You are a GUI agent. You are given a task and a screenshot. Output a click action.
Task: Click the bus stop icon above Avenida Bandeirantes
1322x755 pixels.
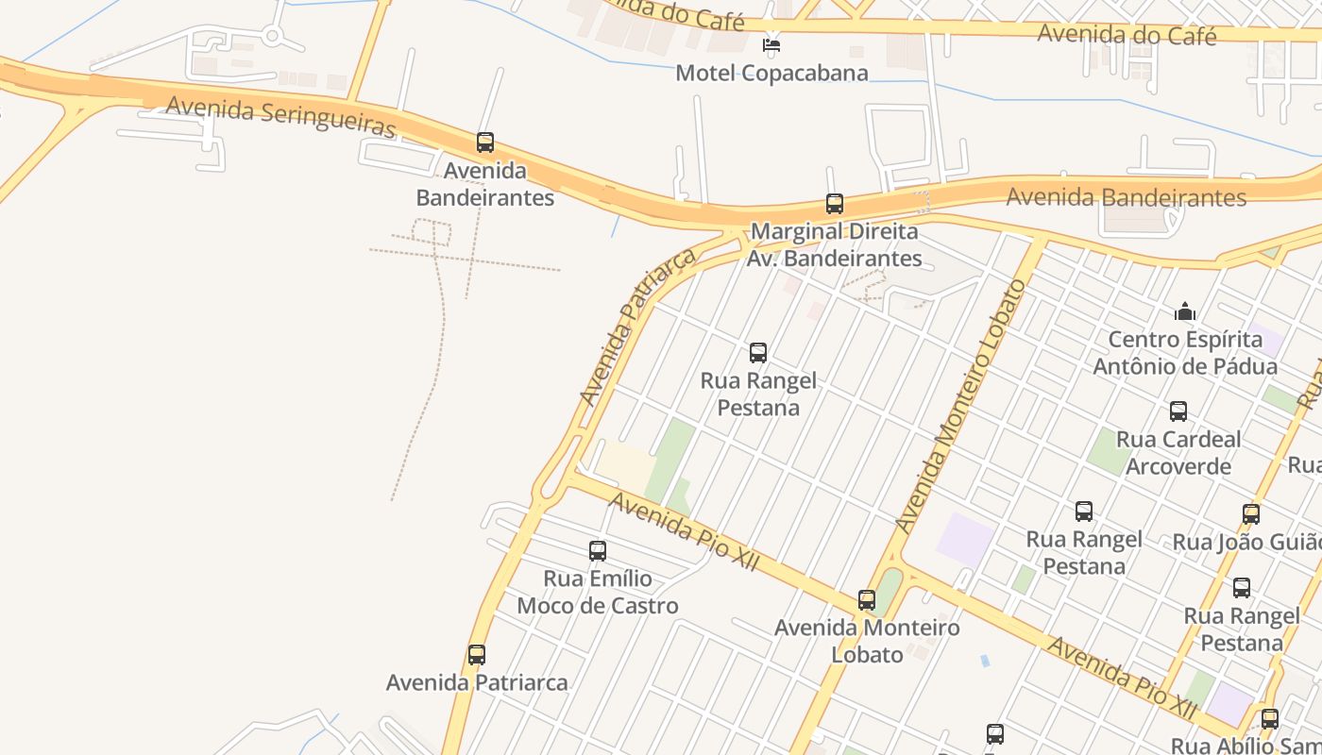[x=485, y=143]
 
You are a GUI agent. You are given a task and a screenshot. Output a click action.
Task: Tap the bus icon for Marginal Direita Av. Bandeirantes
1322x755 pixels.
[x=834, y=203]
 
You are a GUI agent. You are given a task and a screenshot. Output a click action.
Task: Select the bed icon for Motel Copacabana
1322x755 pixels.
[x=771, y=44]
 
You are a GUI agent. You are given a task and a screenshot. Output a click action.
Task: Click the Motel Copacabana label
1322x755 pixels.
[x=771, y=73]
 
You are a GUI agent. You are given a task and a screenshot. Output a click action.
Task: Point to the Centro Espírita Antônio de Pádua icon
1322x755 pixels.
[x=1185, y=311]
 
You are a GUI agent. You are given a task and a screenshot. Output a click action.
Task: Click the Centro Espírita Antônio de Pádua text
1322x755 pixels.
[x=1185, y=352]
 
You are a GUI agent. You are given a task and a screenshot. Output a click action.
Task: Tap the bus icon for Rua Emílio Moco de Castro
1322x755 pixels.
[x=597, y=551]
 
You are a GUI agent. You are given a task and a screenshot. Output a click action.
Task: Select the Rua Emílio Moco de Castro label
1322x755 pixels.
[x=597, y=592]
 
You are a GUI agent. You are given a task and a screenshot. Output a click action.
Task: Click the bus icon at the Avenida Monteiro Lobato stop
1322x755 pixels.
[x=867, y=600]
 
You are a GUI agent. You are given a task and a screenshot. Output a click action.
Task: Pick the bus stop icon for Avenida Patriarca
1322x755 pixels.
[x=477, y=655]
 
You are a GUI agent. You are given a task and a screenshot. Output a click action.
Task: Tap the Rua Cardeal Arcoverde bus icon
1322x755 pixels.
[x=1178, y=411]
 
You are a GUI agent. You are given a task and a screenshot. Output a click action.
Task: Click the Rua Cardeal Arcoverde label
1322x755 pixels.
[x=1178, y=452]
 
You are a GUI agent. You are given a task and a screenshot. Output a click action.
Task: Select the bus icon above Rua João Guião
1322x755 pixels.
[x=1251, y=514]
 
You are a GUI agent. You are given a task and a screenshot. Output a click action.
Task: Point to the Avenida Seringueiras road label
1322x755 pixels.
[x=280, y=117]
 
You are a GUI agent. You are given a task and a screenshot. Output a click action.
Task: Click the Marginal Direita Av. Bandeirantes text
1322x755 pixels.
[x=834, y=244]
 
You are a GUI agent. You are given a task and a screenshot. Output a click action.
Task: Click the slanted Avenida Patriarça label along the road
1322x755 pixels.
[x=638, y=326]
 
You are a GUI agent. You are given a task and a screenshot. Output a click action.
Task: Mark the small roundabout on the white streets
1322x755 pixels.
[x=273, y=37]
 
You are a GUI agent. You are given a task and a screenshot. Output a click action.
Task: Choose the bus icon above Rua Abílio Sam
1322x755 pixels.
[x=1269, y=719]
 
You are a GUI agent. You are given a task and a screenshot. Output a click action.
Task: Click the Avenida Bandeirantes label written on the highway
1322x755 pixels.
[x=1126, y=197]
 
